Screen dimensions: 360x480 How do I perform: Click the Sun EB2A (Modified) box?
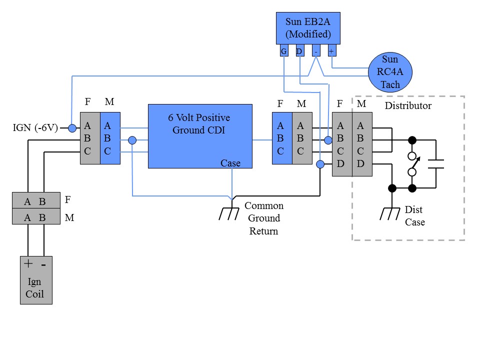308,28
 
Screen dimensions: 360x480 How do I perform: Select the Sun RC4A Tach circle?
390,71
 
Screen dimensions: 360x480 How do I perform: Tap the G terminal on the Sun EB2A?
283,51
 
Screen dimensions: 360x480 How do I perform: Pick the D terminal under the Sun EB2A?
299,51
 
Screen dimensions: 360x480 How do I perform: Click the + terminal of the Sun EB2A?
331,51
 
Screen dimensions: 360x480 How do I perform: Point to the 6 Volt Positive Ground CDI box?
200,135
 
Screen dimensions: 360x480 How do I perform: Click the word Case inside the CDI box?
230,163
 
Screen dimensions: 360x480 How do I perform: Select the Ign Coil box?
35,280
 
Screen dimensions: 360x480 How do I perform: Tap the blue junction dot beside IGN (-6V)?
72,128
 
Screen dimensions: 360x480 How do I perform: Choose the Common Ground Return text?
263,218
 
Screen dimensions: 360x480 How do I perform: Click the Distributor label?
407,106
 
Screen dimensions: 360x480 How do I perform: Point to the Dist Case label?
414,216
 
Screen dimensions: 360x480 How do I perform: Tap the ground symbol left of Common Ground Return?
229,213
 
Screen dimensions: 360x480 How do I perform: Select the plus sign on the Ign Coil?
28,264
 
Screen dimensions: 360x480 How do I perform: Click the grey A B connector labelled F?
35,201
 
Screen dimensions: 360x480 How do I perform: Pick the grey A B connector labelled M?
35,218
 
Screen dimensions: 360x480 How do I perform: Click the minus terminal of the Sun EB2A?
315,51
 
